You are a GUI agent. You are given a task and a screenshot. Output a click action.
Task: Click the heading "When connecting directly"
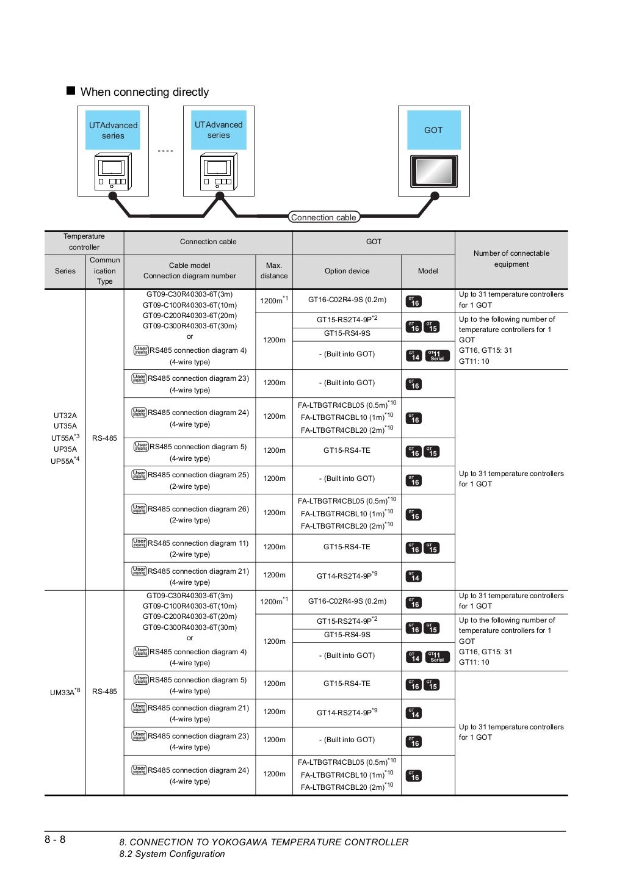pyautogui.click(x=145, y=92)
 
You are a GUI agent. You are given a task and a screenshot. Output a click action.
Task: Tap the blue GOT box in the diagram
pyautogui.click(x=433, y=130)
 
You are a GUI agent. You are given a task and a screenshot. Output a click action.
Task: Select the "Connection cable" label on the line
pyautogui.click(x=323, y=217)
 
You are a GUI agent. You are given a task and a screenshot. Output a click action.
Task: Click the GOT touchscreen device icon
pyautogui.click(x=433, y=171)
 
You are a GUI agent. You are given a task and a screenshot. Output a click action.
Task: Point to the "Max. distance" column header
pyautogui.click(x=274, y=271)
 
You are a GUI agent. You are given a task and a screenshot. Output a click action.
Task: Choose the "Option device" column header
pyautogui.click(x=347, y=271)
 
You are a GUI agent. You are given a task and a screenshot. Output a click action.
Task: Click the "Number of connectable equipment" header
pyautogui.click(x=511, y=259)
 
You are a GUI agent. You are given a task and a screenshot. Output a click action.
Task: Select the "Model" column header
pyautogui.click(x=428, y=271)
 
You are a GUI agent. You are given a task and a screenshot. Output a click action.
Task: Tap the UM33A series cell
pyautogui.click(x=65, y=692)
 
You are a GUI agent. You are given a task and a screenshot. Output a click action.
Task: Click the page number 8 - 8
pyautogui.click(x=55, y=839)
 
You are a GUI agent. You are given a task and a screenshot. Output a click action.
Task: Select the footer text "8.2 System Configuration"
pyautogui.click(x=172, y=854)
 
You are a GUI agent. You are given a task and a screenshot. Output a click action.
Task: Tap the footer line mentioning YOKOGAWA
pyautogui.click(x=264, y=842)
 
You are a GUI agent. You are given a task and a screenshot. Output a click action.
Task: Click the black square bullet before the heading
pyautogui.click(x=71, y=91)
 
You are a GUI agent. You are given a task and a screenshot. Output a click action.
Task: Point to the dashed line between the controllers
pyautogui.click(x=165, y=151)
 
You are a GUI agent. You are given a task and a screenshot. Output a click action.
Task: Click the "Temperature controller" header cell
pyautogui.click(x=84, y=242)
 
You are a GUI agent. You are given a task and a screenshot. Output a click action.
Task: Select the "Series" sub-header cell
pyautogui.click(x=65, y=271)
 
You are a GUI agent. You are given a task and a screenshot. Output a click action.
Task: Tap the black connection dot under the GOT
pyautogui.click(x=435, y=196)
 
